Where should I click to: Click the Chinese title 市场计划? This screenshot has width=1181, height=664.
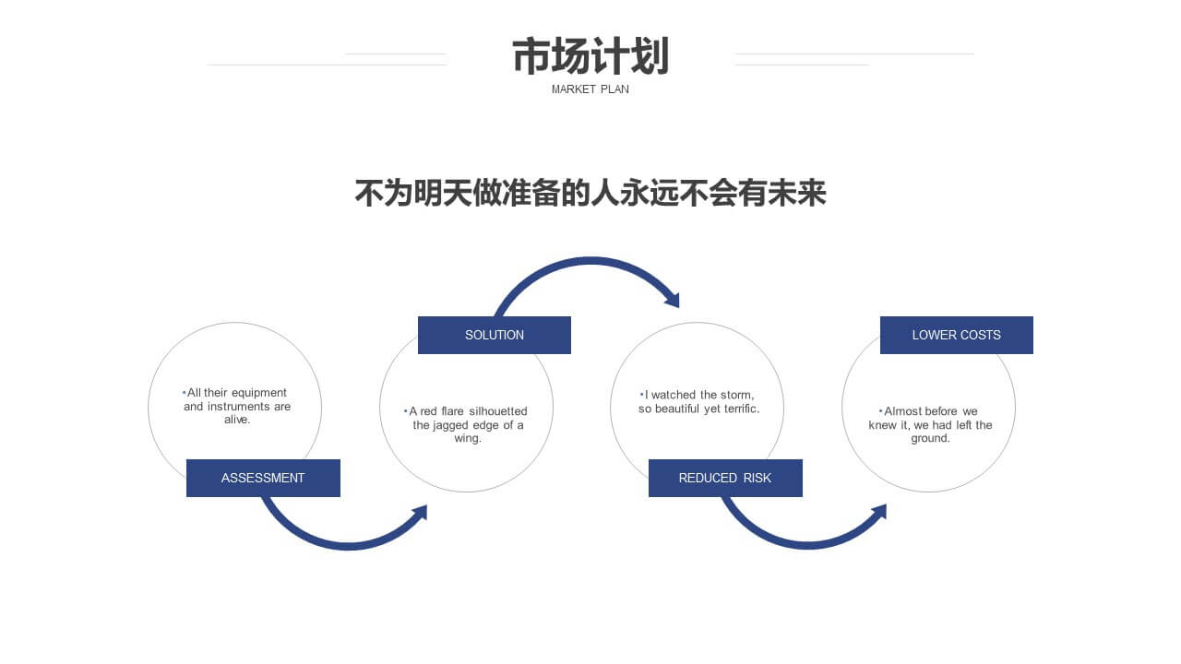590,56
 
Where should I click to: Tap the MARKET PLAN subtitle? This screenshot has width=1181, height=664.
590,89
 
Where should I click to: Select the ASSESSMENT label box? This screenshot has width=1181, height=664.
263,478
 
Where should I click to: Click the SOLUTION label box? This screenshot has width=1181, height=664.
494,335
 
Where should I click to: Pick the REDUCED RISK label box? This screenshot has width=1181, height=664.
725,478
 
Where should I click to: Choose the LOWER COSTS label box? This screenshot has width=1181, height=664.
957,335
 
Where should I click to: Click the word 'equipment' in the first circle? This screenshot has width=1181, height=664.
259,393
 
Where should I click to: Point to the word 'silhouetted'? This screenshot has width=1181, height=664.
497,411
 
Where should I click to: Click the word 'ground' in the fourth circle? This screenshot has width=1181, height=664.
929,439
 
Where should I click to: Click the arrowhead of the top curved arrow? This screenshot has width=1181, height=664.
673,300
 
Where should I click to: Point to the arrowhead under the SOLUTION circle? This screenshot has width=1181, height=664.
420,512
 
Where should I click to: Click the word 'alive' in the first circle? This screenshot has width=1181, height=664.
236,420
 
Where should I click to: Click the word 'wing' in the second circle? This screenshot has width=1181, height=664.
467,439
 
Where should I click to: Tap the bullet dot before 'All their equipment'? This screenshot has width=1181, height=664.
184,393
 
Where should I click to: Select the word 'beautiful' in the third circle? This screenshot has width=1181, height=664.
677,409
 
